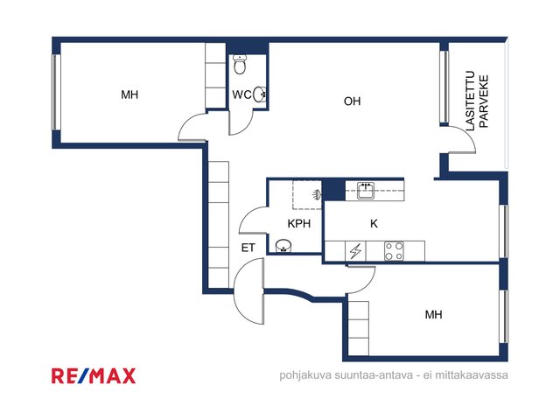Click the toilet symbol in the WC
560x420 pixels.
pyautogui.click(x=239, y=64)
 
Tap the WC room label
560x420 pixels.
pyautogui.click(x=241, y=94)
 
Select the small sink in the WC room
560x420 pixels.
pyautogui.click(x=260, y=94)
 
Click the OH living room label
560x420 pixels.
pyautogui.click(x=352, y=101)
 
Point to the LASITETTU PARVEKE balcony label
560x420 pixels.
pyautogui.click(x=477, y=101)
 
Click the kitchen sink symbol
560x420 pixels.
pyautogui.click(x=366, y=190)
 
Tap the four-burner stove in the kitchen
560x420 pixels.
pyautogui.click(x=394, y=251)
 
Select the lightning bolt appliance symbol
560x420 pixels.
pyautogui.click(x=356, y=251)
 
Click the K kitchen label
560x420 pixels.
pyautogui.click(x=374, y=224)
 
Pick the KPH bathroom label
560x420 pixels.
pyautogui.click(x=299, y=224)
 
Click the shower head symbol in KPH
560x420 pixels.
pyautogui.click(x=317, y=194)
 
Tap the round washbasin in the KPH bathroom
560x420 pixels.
pyautogui.click(x=283, y=246)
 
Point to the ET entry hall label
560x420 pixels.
pyautogui.click(x=248, y=248)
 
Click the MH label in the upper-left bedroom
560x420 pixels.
pyautogui.click(x=129, y=94)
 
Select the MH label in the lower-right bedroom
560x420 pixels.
pyautogui.click(x=434, y=315)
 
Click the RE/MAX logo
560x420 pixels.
pyautogui.click(x=94, y=375)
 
